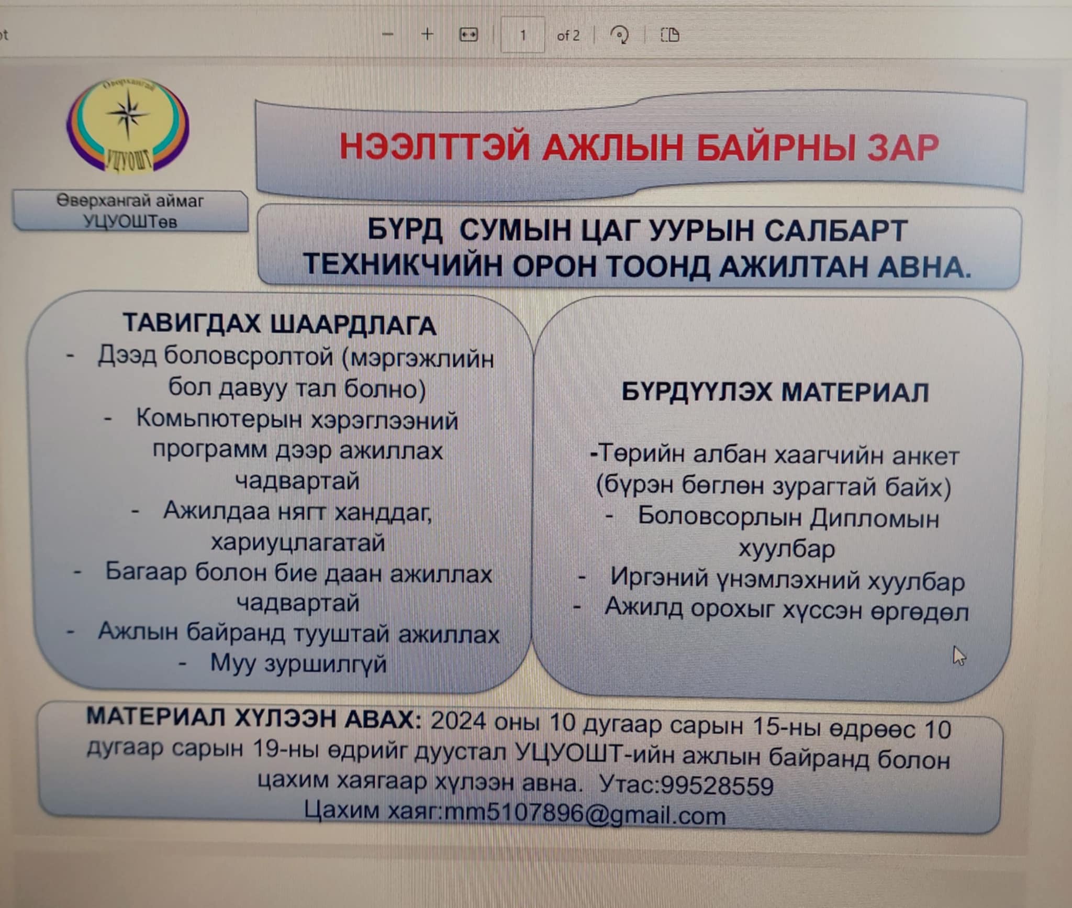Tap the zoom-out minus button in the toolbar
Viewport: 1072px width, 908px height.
click(x=388, y=35)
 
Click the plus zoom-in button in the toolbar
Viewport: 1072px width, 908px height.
click(x=428, y=35)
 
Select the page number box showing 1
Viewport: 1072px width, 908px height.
click(x=522, y=35)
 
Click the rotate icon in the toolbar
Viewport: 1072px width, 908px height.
click(x=620, y=35)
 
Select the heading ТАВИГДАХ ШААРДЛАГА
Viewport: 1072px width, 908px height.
click(x=280, y=324)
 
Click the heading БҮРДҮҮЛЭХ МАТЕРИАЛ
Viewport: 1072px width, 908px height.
click(x=775, y=392)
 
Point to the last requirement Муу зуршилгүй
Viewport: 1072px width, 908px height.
click(x=298, y=663)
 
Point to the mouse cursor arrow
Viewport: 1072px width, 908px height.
click(x=959, y=656)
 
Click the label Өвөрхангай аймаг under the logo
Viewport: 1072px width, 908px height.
click(x=130, y=201)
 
